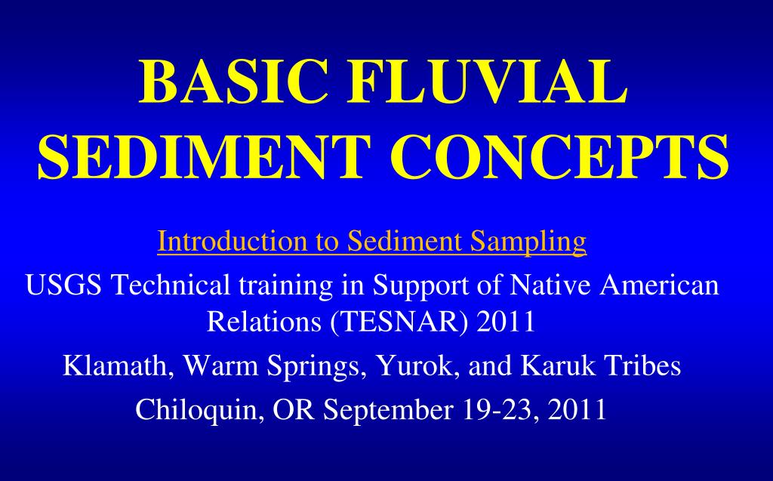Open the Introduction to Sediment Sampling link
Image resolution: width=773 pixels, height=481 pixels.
click(371, 242)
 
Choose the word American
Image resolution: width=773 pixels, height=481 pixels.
click(657, 286)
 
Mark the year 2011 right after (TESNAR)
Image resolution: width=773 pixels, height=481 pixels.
click(507, 322)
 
